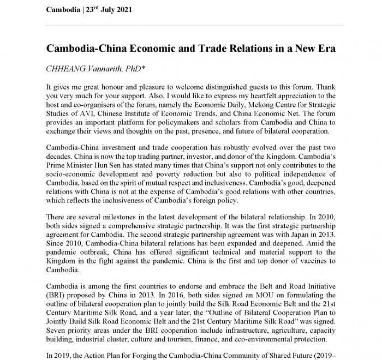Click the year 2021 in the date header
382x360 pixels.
tap(119, 10)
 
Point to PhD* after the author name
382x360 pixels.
tap(139, 69)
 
